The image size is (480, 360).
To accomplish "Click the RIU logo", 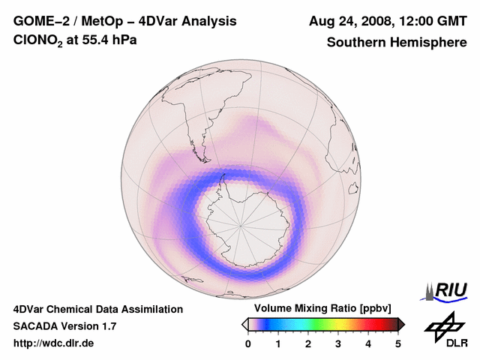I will coord(448,290).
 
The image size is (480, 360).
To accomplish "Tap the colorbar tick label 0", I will coord(248,343).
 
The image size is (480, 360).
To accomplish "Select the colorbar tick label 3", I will coord(338,343).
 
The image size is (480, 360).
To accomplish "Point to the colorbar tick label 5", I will coord(398,343).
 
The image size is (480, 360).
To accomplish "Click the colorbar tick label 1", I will coord(278,343).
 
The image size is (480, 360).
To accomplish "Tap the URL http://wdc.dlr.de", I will coord(54,343).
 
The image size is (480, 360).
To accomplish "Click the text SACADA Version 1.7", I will coord(64,326).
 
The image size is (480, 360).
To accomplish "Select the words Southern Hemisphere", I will coord(396,43).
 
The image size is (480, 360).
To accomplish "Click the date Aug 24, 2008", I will coord(346,21).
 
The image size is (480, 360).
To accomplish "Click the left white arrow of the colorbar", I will coord(244,324).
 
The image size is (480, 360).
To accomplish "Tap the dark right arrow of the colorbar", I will coord(401,324).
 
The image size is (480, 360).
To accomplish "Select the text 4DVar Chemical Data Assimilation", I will coord(97,309).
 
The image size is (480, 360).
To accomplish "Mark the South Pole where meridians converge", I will coord(240,225).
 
